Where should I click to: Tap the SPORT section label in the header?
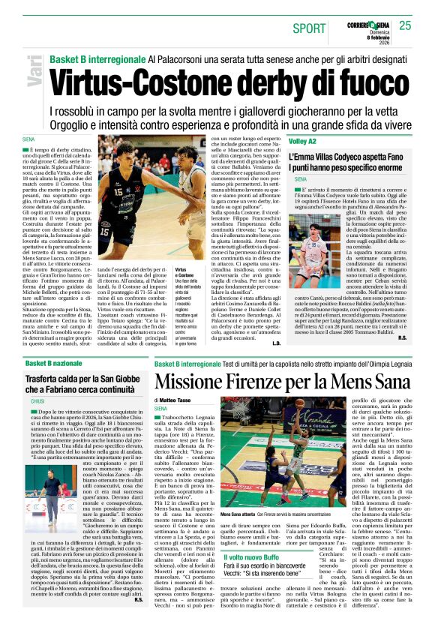click(x=310, y=28)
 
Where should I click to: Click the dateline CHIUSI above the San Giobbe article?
click(x=37, y=401)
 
